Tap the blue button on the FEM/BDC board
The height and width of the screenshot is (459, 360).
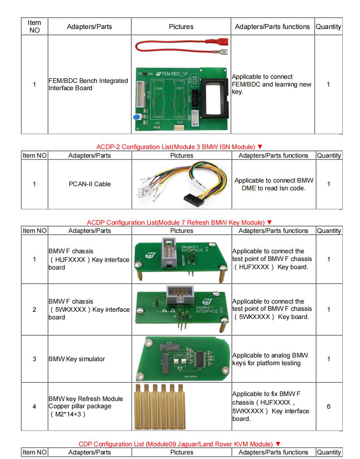tap(136, 117)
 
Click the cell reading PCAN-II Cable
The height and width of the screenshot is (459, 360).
tap(90, 184)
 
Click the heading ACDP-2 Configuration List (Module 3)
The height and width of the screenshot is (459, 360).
tap(179, 147)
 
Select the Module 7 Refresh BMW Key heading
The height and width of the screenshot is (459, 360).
tap(179, 222)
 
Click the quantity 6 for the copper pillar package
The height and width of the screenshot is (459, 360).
tap(328, 406)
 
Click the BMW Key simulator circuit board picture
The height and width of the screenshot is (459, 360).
tap(181, 359)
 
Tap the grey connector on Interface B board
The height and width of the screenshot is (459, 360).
tap(178, 294)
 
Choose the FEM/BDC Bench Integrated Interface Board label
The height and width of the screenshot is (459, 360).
tap(88, 84)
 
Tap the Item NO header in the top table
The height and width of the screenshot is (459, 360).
tap(34, 26)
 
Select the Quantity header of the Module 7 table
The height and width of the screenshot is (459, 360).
tap(328, 231)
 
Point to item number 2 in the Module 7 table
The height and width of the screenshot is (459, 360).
tap(34, 309)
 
